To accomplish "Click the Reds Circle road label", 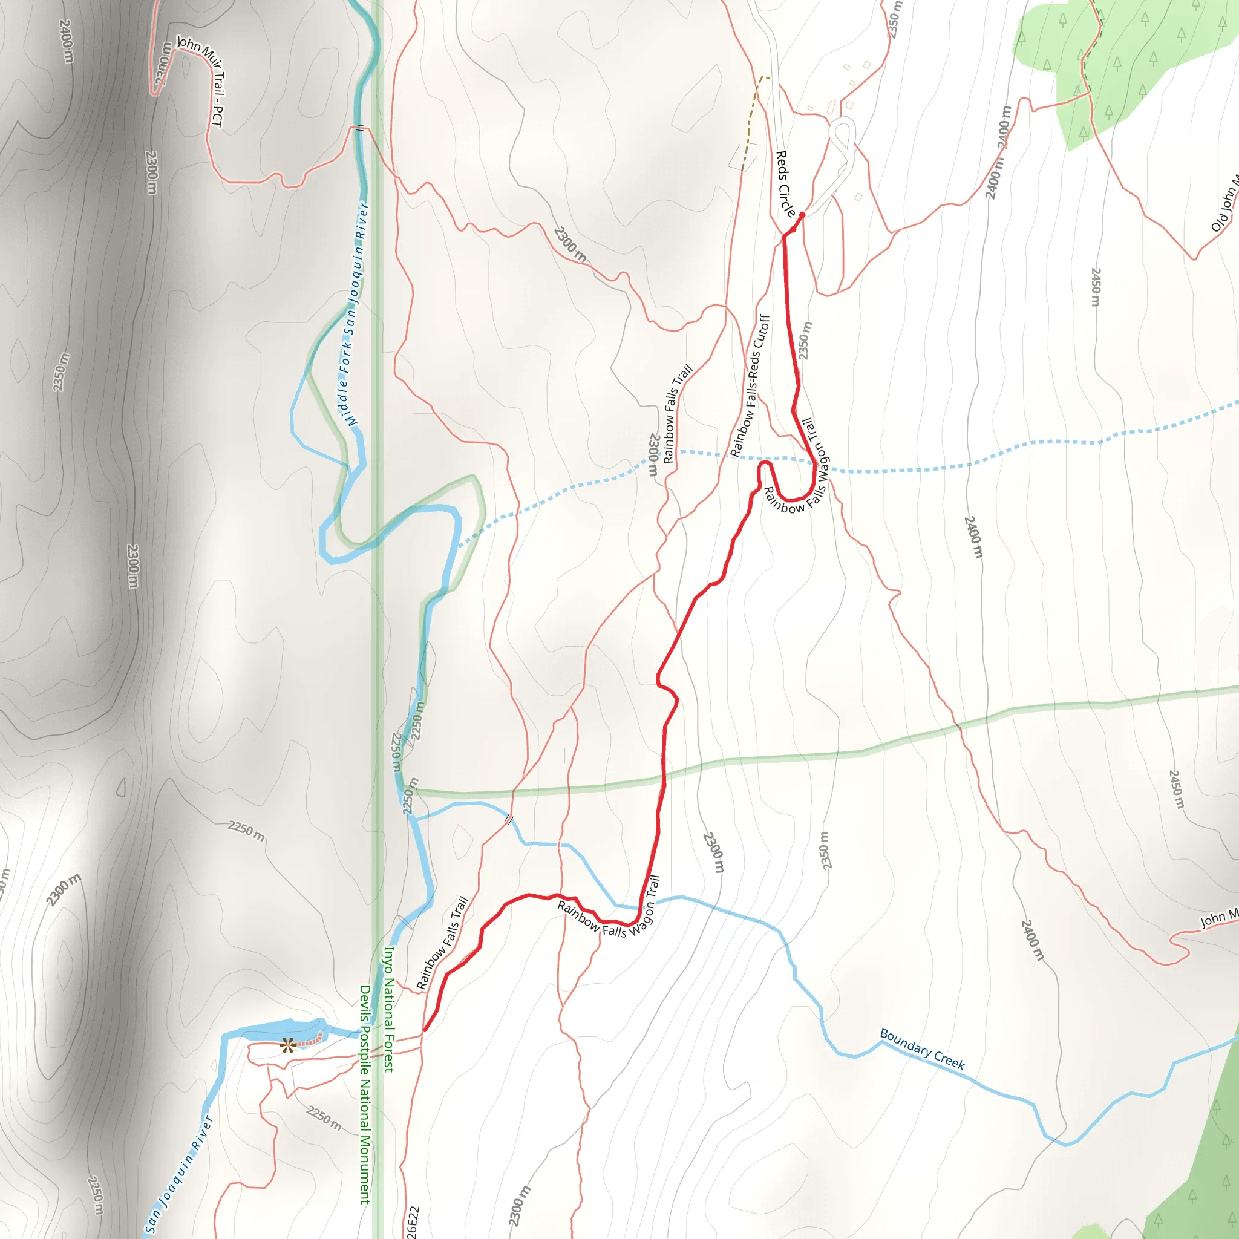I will click(786, 185).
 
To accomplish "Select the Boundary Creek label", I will click(921, 1049).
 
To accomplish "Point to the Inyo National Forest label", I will click(388, 1009).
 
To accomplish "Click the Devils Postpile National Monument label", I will click(365, 1094).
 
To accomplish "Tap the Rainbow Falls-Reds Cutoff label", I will click(750, 385).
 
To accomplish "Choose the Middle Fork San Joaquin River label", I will click(355, 314).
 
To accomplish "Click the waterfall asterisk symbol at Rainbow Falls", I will click(287, 1046).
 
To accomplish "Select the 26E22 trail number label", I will click(413, 1221).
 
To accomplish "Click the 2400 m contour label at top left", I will click(66, 41).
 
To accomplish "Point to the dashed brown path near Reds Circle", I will click(751, 122).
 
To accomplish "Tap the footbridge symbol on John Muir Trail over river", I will click(360, 128).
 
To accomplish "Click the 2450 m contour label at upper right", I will click(1096, 287).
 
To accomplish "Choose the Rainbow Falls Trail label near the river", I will click(442, 943).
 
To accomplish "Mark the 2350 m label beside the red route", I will click(805, 341).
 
